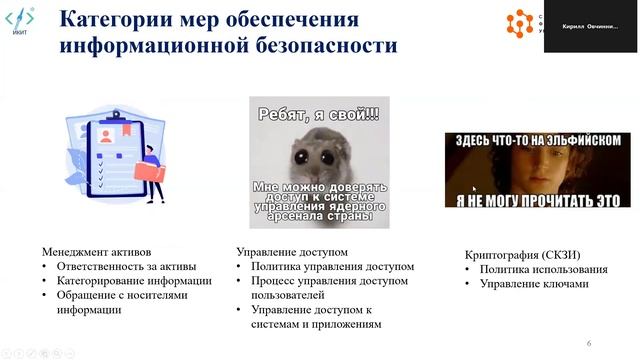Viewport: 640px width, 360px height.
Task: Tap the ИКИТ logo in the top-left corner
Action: click(20, 21)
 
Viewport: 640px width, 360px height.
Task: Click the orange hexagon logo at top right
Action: click(520, 21)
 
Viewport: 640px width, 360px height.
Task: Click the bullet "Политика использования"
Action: click(543, 269)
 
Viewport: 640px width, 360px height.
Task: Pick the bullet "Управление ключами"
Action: click(534, 284)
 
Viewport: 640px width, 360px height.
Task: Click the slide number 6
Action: click(589, 343)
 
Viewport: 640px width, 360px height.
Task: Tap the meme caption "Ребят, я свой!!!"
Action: click(318, 113)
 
